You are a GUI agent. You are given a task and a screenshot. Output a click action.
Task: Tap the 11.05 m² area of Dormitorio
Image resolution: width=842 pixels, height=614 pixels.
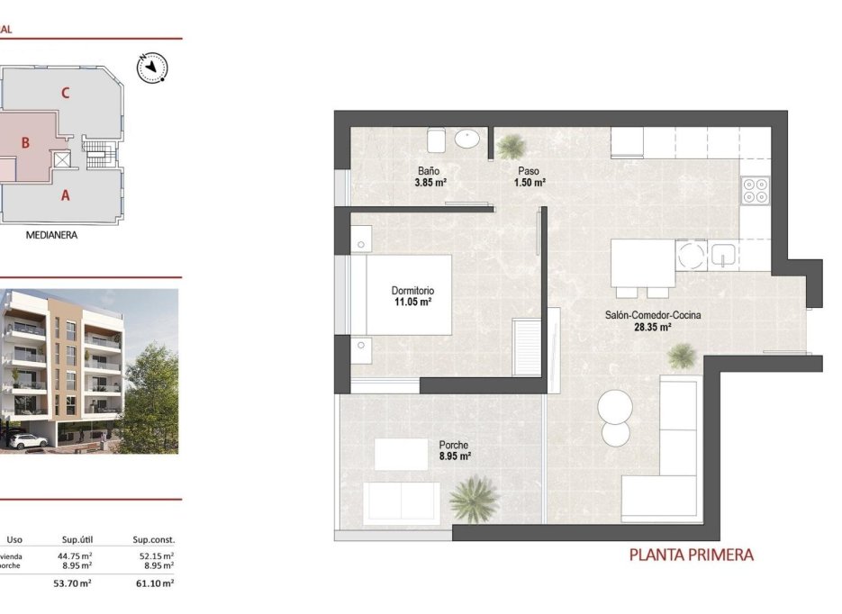pos(412,302)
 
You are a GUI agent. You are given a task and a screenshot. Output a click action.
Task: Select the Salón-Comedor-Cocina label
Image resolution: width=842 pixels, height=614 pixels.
pos(653,315)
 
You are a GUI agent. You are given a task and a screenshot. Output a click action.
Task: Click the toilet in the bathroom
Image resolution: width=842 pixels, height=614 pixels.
pos(437,140)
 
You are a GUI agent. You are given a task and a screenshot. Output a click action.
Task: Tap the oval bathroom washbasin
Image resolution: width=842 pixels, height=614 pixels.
pos(467,139)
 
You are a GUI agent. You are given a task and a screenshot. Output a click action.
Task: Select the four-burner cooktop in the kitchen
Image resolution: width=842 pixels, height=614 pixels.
pos(755,189)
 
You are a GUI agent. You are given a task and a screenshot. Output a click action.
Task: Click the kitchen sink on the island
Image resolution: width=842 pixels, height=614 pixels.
pos(723,256)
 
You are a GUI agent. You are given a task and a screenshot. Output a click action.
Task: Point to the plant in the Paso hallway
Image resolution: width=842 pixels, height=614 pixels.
pos(512,145)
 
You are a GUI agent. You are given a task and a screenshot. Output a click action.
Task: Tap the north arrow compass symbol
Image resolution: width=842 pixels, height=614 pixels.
pos(150,66)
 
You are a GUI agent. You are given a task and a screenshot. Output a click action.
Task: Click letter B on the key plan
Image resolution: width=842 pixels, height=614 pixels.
pos(26,141)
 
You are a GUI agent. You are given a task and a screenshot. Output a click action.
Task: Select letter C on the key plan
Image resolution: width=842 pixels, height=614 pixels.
pos(66,92)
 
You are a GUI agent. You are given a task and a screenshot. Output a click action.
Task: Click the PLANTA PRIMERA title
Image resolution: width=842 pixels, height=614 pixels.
pos(691,555)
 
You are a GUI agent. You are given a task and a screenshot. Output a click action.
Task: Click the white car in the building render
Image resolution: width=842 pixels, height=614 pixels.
pos(30,440)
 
